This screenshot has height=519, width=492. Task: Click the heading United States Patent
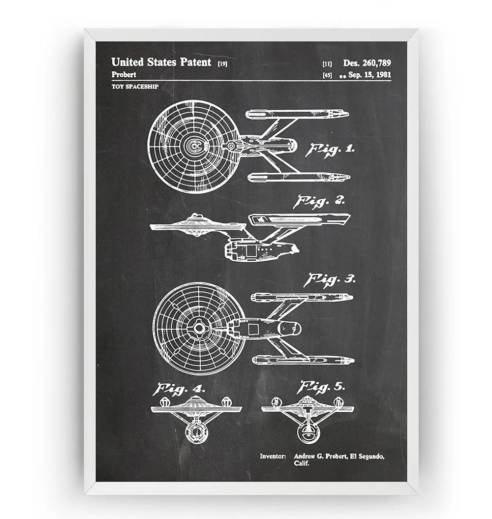(161, 62)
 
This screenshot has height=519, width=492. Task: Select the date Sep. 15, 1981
(369, 75)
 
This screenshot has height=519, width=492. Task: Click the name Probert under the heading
(124, 75)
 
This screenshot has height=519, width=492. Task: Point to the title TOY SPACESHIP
(131, 87)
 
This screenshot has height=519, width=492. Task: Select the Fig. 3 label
(329, 280)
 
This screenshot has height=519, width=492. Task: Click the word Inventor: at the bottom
(273, 457)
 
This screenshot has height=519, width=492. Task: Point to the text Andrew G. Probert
(320, 457)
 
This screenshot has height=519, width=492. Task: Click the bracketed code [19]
(222, 63)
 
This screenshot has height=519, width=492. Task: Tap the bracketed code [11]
(327, 63)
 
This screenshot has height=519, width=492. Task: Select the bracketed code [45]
(327, 75)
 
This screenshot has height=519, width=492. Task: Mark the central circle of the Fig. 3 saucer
(199, 328)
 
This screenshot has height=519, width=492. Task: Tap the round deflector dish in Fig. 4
(197, 432)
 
